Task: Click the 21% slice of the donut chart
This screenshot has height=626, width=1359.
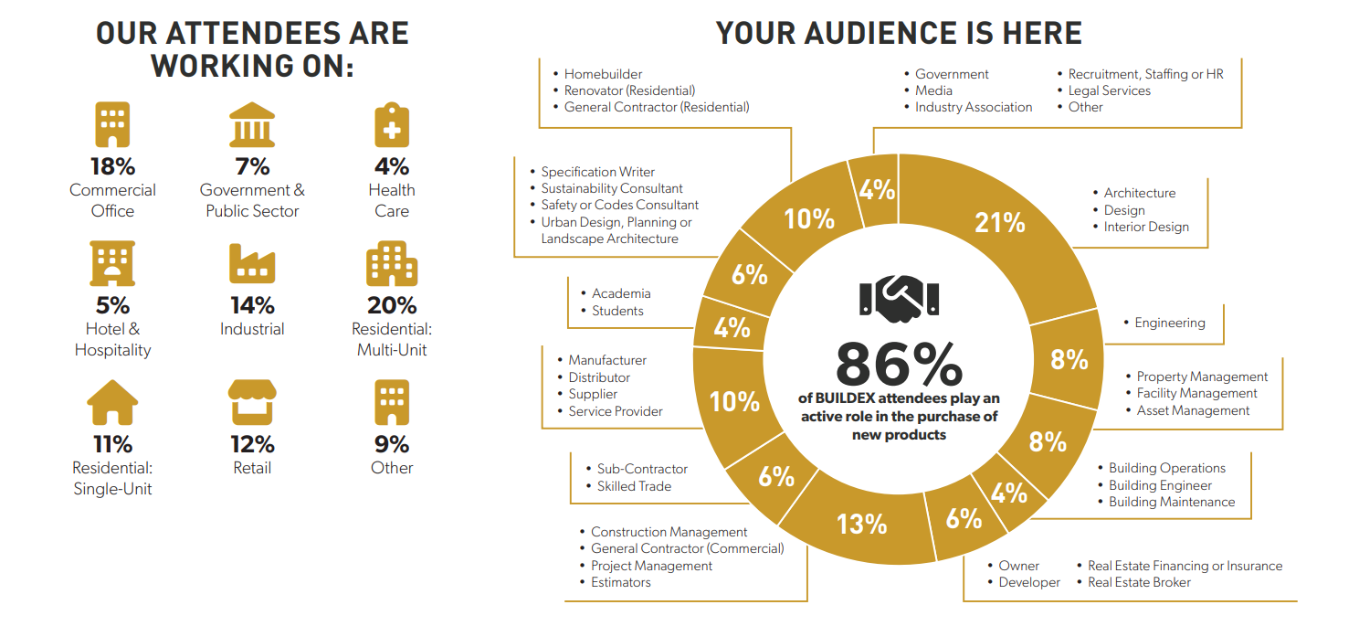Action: pos(1000,222)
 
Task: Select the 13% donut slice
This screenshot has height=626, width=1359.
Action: pos(862,523)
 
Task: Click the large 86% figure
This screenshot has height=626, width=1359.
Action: pos(899,365)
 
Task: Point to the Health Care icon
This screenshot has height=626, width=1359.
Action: pos(392,125)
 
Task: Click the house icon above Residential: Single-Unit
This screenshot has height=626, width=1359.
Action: pos(112,403)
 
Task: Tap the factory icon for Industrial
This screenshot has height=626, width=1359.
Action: pos(252,264)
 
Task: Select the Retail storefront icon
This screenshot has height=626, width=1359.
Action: pos(252,403)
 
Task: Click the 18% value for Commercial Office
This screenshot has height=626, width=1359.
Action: pos(112,166)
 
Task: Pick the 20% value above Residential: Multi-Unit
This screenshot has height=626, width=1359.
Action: pos(392,305)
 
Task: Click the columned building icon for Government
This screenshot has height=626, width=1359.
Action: pos(252,125)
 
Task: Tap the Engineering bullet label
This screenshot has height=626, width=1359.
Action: pos(1170,323)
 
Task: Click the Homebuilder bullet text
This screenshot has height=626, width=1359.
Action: pos(603,74)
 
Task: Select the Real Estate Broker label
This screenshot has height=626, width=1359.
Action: pos(1139,582)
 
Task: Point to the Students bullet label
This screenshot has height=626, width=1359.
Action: pos(617,311)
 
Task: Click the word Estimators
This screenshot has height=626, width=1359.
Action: pos(621,582)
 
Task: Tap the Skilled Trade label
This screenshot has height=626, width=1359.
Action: pos(634,486)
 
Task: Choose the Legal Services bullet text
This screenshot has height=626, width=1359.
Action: pos(1110,90)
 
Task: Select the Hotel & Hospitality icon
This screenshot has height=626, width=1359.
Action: pos(112,264)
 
